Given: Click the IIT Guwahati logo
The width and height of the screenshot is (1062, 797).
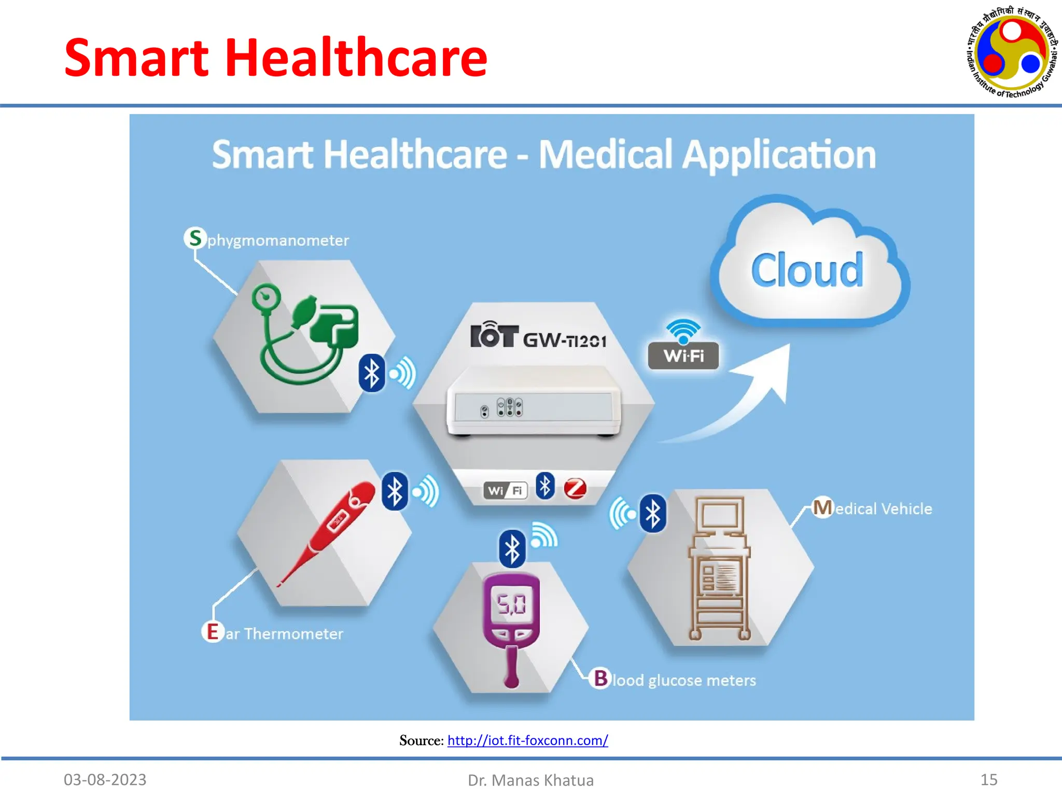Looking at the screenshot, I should coord(1011,52).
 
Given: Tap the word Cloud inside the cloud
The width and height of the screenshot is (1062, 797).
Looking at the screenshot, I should coord(807,270).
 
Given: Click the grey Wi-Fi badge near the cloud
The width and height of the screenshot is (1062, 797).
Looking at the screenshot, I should coord(683,355).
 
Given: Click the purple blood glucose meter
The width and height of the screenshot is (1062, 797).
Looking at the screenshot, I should coord(511,623).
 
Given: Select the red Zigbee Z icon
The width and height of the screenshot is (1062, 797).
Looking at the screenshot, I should coord(575,488).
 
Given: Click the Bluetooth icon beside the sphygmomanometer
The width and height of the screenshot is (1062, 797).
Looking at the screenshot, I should coord(372,373).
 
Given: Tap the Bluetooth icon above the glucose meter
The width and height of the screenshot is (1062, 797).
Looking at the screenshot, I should coord(512,549).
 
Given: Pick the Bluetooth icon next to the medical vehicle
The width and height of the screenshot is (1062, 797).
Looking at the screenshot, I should coord(652,514).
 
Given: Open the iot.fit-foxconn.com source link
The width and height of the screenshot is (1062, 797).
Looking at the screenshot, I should coord(527,740).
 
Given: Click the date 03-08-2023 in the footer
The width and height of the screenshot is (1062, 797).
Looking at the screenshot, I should coord(105,779).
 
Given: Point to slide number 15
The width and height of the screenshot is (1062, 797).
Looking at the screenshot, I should coord(989,779).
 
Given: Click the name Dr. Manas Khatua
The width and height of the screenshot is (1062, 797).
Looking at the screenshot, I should coord(530,780).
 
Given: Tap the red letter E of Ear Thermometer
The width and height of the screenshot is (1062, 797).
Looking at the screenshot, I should coord(213,632).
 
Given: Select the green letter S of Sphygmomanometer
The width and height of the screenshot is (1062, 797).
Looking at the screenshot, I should coord(195,238).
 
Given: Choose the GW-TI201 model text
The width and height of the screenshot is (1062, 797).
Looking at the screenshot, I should coord(564,341).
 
